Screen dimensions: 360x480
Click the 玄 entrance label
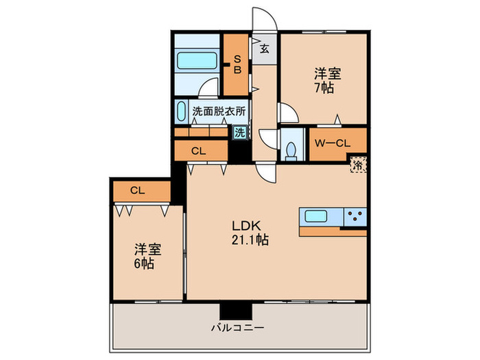pos(264,49)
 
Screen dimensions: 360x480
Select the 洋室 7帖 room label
pos(328,80)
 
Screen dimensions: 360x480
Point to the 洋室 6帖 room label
pos(144,256)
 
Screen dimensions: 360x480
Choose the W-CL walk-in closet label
pos(333,143)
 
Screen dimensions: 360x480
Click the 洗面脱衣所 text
pos(218,110)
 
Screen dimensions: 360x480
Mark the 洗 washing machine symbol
pos(239,133)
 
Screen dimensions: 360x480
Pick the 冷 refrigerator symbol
pos(357,164)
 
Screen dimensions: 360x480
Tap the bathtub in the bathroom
pos(197,60)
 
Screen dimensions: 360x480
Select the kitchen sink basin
pos(316,217)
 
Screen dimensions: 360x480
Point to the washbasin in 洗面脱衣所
pos(181,111)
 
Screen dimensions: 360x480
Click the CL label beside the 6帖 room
pos(139,191)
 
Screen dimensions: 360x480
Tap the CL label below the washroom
pos(198,150)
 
